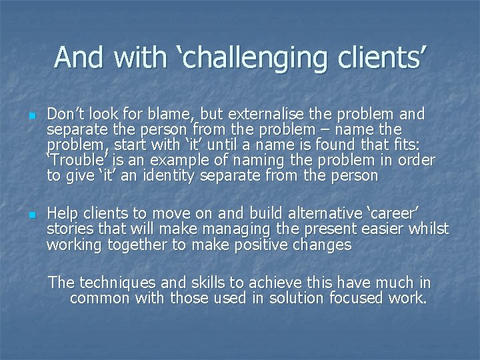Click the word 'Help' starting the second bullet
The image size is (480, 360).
tap(61, 214)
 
